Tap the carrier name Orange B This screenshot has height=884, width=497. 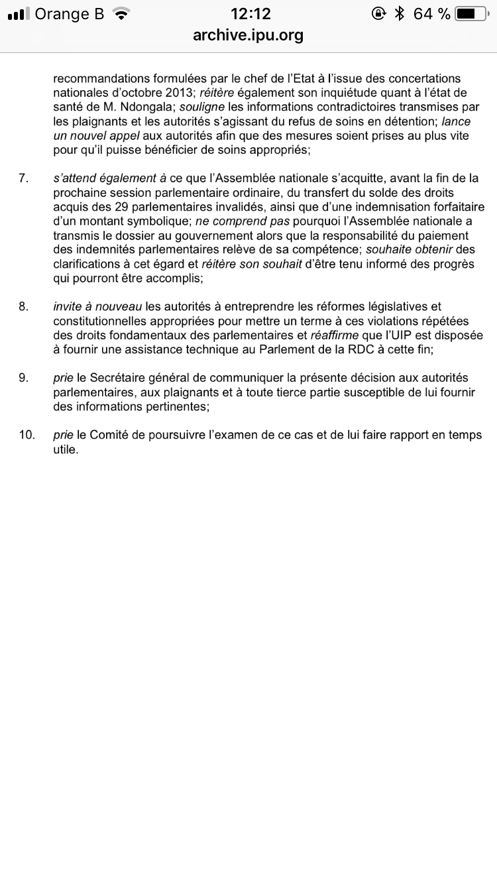pyautogui.click(x=69, y=14)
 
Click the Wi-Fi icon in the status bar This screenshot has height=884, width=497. pyautogui.click(x=120, y=14)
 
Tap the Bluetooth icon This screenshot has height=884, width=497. pyautogui.click(x=399, y=14)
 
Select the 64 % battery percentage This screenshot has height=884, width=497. pyautogui.click(x=431, y=14)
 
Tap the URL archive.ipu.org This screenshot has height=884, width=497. pyautogui.click(x=248, y=35)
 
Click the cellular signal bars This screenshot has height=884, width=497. pyautogui.click(x=18, y=14)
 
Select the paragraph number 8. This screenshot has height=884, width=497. pyautogui.click(x=24, y=306)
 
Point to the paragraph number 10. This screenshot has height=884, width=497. pyautogui.click(x=27, y=435)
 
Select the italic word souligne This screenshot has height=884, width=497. pyautogui.click(x=203, y=106)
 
